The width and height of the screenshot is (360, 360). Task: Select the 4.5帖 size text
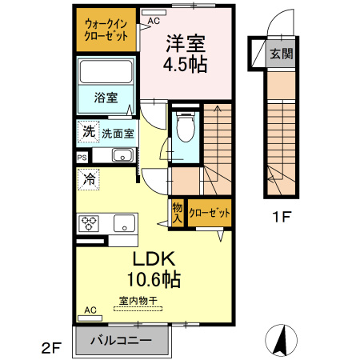pos(186,65)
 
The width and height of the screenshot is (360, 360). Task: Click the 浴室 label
pos(106,98)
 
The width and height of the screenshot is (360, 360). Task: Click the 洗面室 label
pos(117,134)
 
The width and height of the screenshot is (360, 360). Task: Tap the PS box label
pos(82,158)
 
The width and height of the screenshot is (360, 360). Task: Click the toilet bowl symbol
pos(185,126)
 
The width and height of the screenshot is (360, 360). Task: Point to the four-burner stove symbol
pos(88,222)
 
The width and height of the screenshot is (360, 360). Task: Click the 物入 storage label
pos(177,213)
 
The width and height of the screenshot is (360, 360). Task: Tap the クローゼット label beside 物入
pos(210,214)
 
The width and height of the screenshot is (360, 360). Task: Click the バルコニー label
pos(120,340)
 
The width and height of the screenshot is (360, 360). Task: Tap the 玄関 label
pos(281,54)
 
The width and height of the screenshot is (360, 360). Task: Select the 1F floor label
pos(279,214)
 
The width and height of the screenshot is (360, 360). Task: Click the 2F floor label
pos(51,346)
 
